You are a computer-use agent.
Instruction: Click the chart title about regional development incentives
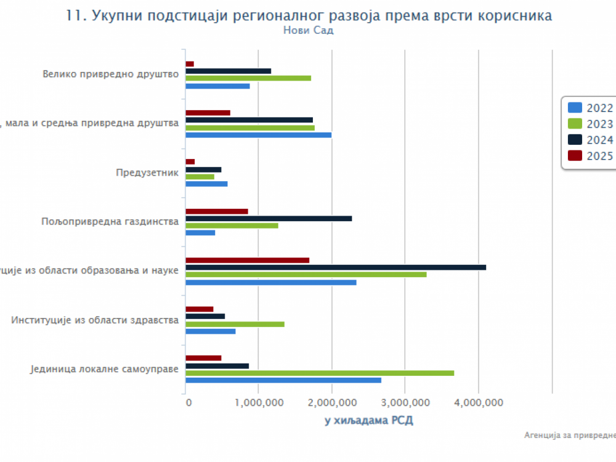pyautogui.click(x=308, y=16)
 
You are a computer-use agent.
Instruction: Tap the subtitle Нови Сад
pyautogui.click(x=308, y=30)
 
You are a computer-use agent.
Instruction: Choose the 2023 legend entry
pyautogui.click(x=590, y=124)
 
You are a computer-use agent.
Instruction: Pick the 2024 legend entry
pyautogui.click(x=590, y=140)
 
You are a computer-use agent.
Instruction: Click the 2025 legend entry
pyautogui.click(x=590, y=156)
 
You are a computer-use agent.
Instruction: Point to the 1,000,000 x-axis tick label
pyautogui.click(x=259, y=403)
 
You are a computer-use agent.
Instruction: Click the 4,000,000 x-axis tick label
pyautogui.click(x=479, y=403)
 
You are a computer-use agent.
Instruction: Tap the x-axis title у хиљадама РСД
pyautogui.click(x=369, y=420)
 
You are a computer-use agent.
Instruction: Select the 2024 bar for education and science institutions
pyautogui.click(x=336, y=267)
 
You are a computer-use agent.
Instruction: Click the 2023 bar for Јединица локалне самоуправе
pyautogui.click(x=320, y=373)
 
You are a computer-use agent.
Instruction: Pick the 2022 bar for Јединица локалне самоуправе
pyautogui.click(x=283, y=380)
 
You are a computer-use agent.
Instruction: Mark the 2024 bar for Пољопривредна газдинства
pyautogui.click(x=269, y=218)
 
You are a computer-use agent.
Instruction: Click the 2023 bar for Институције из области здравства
pyautogui.click(x=235, y=324)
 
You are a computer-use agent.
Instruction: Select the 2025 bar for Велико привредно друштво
pyautogui.click(x=190, y=63)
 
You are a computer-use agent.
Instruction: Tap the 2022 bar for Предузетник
pyautogui.click(x=206, y=184)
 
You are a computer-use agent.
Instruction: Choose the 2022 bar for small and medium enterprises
pyautogui.click(x=259, y=135)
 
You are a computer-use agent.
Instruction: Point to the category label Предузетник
pyautogui.click(x=147, y=172)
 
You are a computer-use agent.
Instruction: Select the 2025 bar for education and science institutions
pyautogui.click(x=247, y=260)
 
